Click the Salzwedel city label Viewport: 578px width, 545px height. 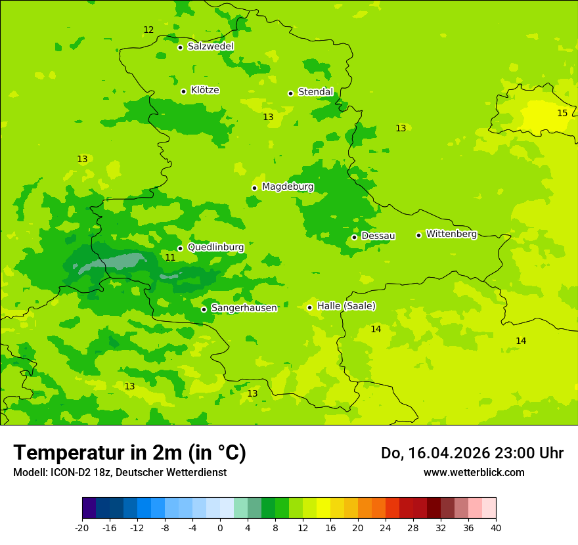pos(210,47)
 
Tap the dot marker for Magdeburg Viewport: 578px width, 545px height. pos(254,188)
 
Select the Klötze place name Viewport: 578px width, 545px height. pos(205,90)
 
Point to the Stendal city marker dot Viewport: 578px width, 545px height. pos(290,93)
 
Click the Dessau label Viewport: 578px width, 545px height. pos(378,236)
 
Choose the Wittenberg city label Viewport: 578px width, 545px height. pos(451,234)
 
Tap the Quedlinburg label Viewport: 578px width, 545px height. pos(215,248)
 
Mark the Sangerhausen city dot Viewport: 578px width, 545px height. pos(204,309)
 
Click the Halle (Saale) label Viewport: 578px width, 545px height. pos(346,306)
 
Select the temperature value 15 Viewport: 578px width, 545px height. pos(562,114)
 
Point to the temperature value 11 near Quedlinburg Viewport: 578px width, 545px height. pos(170,258)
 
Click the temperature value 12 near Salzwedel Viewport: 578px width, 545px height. pos(148,30)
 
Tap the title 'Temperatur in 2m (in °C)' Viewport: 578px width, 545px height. pos(129,453)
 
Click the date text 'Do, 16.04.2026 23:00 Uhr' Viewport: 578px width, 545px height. pos(472,453)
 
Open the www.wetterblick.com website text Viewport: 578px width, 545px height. pos(474,473)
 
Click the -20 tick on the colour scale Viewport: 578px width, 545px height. pos(82,528)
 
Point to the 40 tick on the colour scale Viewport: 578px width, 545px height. pos(496,528)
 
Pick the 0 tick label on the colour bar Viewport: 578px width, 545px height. pos(220,528)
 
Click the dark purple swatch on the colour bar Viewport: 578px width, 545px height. pos(89,508)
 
